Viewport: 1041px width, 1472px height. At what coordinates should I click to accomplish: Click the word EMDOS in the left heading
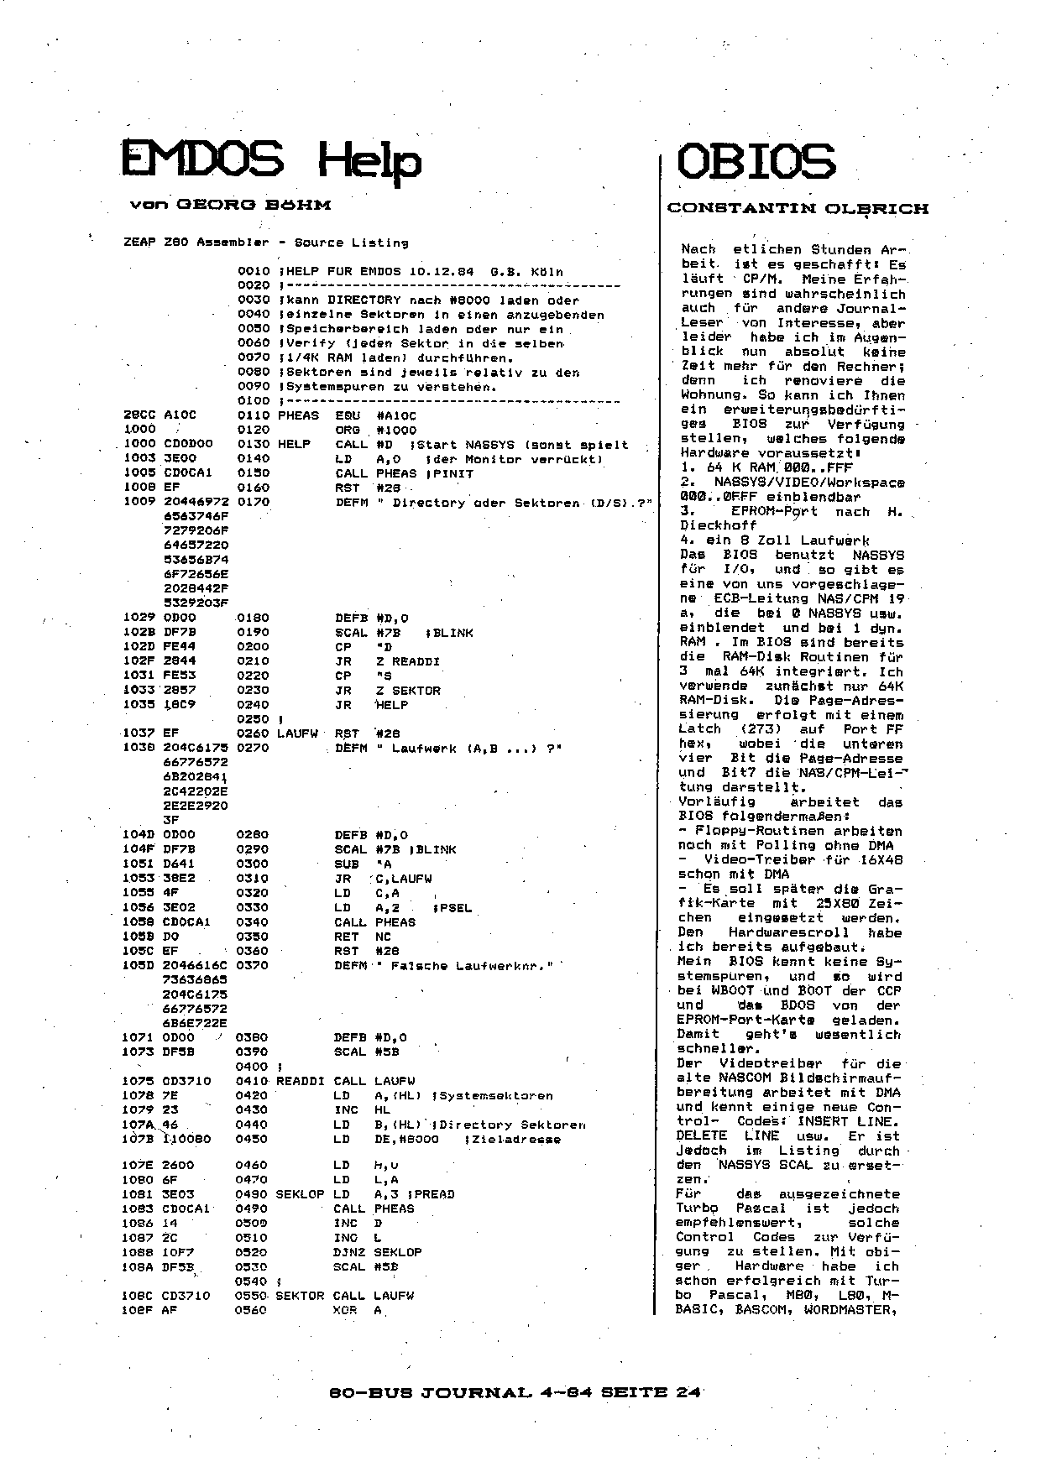click(x=202, y=160)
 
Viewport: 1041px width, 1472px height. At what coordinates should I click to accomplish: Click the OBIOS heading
click(x=756, y=161)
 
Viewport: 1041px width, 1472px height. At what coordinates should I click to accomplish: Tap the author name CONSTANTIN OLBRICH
click(x=798, y=208)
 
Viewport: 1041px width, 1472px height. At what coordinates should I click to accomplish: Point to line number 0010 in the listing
click(x=253, y=272)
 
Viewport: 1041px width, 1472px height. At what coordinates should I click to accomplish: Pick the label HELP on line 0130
click(x=294, y=444)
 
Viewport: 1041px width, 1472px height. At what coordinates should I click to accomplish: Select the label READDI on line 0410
click(x=300, y=1081)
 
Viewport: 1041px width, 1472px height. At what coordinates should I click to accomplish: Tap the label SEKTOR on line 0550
click(x=300, y=1296)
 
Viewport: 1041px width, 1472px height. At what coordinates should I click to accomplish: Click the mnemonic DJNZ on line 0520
click(x=349, y=1252)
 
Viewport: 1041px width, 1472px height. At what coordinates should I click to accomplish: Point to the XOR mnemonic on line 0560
click(x=345, y=1310)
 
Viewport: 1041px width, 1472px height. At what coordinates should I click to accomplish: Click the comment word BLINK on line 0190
click(x=453, y=633)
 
